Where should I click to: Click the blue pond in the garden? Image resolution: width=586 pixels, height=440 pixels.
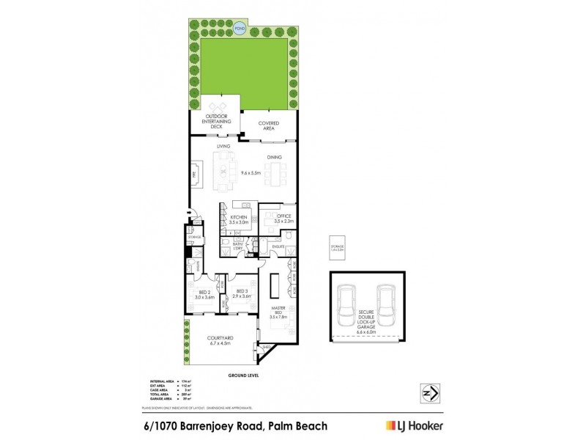[x=240, y=29]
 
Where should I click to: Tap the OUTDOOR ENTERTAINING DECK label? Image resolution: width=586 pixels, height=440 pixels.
[x=216, y=122]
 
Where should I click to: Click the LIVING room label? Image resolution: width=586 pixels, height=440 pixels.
[x=223, y=147]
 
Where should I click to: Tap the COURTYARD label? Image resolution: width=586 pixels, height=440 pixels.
[x=219, y=339]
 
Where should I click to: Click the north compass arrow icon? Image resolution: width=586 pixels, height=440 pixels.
[x=429, y=394]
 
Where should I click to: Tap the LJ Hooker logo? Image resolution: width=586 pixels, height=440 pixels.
[x=415, y=425]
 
